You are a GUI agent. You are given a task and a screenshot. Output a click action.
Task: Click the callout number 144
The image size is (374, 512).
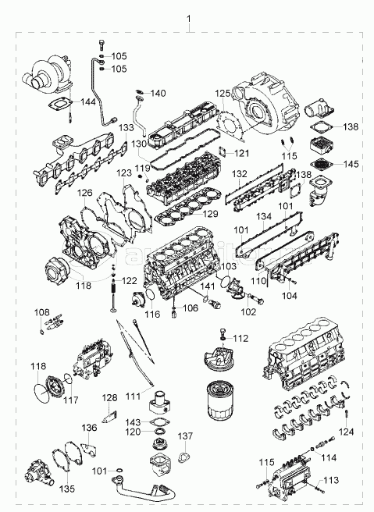[88, 102]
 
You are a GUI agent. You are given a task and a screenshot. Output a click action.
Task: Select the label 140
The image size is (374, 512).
[158, 94]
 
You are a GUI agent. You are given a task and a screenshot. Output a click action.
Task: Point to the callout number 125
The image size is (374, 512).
[223, 94]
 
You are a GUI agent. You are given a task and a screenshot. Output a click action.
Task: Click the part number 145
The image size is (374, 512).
[351, 164]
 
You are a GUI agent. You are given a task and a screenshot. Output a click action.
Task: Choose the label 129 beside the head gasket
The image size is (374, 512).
[210, 214]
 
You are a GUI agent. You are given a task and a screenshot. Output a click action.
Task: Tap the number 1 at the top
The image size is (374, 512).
[189, 19]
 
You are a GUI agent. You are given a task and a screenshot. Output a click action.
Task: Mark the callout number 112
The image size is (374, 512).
[240, 338]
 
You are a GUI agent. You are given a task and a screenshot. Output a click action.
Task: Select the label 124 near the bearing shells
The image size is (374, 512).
[346, 432]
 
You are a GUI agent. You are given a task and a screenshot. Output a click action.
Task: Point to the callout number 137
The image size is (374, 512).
[185, 436]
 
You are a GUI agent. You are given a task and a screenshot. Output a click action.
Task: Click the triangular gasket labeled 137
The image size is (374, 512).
[185, 457]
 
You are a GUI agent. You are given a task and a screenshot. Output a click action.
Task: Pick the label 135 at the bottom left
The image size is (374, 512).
[67, 489]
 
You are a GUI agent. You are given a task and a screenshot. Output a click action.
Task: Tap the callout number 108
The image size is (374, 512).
[42, 312]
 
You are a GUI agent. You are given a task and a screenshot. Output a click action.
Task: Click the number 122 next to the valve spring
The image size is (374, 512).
[130, 281]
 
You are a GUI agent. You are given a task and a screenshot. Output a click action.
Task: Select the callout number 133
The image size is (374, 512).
[126, 128]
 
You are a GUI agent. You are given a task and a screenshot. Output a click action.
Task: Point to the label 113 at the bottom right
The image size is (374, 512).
[331, 480]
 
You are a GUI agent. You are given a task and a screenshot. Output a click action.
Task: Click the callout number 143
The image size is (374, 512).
[134, 422]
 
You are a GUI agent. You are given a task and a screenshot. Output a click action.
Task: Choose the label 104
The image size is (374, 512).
[290, 296]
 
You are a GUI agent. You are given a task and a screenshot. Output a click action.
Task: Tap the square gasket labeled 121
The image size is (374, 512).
[222, 152]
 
